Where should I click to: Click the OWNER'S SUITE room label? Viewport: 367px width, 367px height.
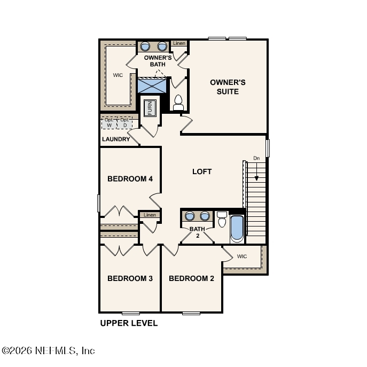[x=228, y=87]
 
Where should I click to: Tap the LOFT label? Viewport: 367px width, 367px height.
[x=202, y=171]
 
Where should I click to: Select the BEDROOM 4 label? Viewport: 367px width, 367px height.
[x=130, y=178]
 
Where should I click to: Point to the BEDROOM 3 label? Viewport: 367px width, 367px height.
[x=130, y=278]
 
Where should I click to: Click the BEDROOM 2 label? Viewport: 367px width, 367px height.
[x=191, y=278]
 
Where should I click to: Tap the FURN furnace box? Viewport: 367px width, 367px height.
[x=151, y=108]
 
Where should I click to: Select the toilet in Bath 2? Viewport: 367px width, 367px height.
[x=222, y=219]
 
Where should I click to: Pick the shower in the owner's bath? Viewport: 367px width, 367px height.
[x=152, y=86]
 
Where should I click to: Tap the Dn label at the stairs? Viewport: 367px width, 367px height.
[x=256, y=158]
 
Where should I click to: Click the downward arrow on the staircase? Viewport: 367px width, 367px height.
[x=256, y=172]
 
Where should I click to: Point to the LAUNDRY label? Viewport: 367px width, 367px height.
[x=116, y=139]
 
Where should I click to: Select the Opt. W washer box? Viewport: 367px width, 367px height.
[x=109, y=123]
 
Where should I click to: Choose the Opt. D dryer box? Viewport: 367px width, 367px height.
[x=124, y=123]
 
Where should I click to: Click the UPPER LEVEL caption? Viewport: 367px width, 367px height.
[x=129, y=323]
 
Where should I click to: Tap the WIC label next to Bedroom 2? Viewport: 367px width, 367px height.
[x=242, y=256]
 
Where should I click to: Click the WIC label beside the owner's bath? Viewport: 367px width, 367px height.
[x=118, y=75]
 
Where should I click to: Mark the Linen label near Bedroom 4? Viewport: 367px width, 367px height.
[x=150, y=215]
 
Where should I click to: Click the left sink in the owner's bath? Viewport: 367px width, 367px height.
[x=145, y=46]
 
